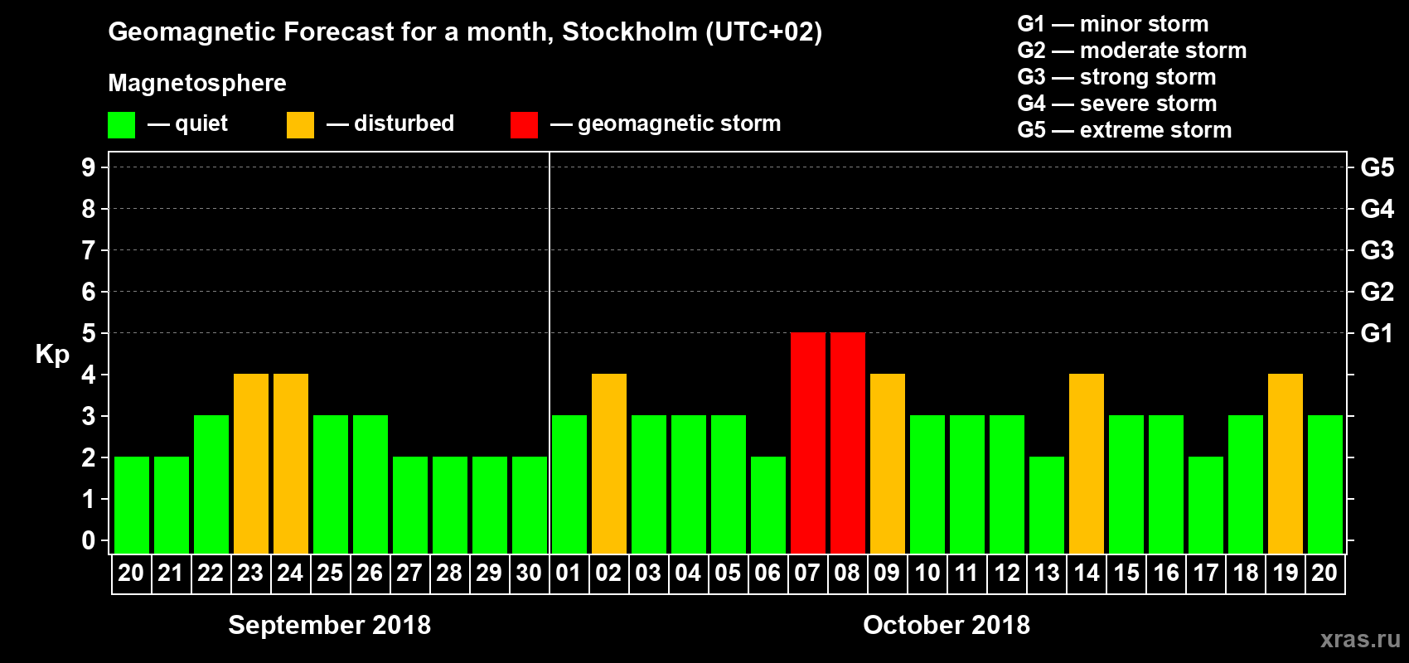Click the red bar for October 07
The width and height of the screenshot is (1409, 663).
(x=808, y=443)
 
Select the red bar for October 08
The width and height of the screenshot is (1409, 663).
(x=848, y=443)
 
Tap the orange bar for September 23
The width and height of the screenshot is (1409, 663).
(x=251, y=463)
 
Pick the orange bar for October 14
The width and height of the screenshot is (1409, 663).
(x=1087, y=463)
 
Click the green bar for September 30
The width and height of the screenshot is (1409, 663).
(x=530, y=505)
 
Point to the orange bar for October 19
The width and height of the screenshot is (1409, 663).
(x=1286, y=463)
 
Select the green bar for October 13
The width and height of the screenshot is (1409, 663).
(x=1047, y=505)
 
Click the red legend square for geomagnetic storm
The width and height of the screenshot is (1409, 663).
(x=524, y=125)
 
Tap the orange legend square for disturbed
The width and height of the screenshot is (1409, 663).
(x=300, y=125)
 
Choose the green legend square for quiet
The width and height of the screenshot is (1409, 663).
(x=122, y=125)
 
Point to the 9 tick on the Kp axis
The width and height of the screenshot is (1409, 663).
(x=89, y=167)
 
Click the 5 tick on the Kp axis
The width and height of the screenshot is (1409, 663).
(x=89, y=333)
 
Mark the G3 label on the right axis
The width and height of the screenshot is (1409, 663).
(x=1377, y=250)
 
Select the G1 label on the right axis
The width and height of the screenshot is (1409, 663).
(x=1377, y=333)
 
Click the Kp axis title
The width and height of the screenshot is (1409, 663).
(x=52, y=354)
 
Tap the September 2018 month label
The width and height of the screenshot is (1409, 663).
(x=329, y=625)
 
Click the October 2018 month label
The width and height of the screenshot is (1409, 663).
(x=947, y=625)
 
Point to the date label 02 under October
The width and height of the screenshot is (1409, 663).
(x=608, y=573)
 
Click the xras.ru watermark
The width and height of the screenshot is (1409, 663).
(x=1360, y=639)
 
